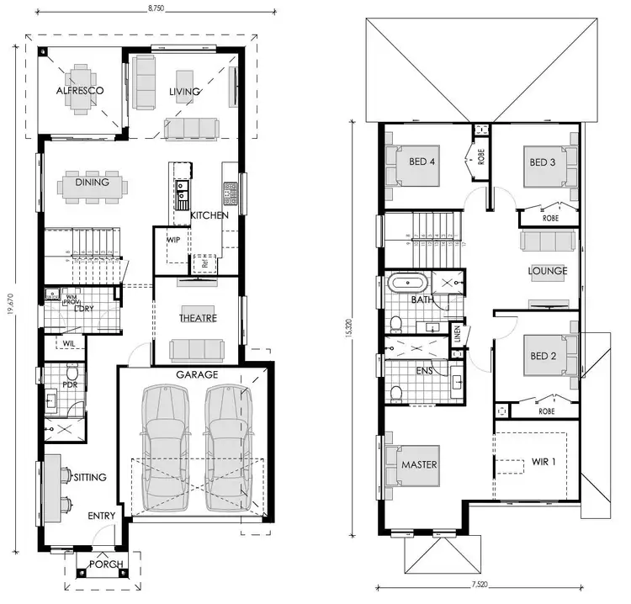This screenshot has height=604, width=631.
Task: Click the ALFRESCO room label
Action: [79, 90]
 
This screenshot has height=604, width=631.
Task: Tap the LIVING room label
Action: [184, 92]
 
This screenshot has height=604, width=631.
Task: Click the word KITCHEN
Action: [209, 216]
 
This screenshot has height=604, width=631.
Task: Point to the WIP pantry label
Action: [173, 240]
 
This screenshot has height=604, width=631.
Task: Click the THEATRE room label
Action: [198, 318]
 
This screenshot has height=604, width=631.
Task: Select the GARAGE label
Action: [196, 374]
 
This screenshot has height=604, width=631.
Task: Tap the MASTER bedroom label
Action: [419, 464]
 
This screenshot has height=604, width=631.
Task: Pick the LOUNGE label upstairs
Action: [547, 271]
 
